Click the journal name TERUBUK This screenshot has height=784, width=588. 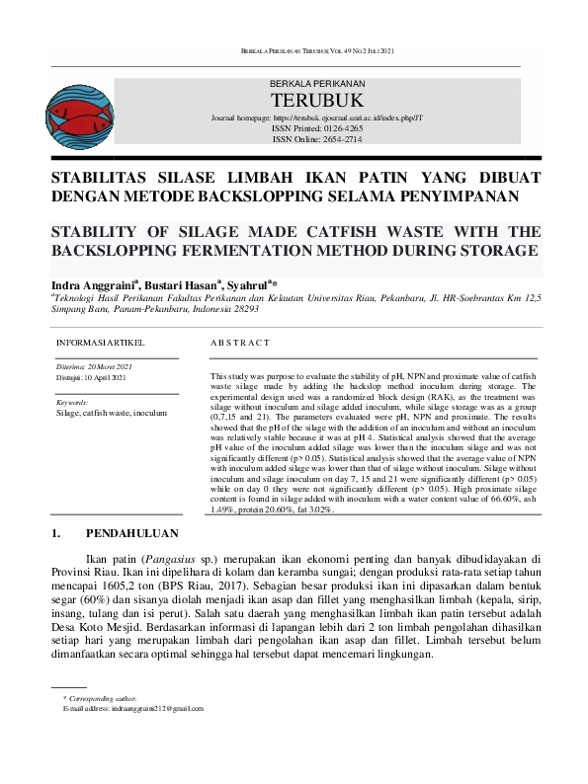316,101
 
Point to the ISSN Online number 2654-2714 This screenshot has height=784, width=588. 338,139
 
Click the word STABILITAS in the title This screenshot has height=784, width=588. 98,179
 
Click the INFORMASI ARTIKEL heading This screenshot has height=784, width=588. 100,343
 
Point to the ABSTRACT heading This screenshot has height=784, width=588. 240,343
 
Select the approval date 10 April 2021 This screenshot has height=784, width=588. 111,377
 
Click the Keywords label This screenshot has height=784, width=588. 73,403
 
